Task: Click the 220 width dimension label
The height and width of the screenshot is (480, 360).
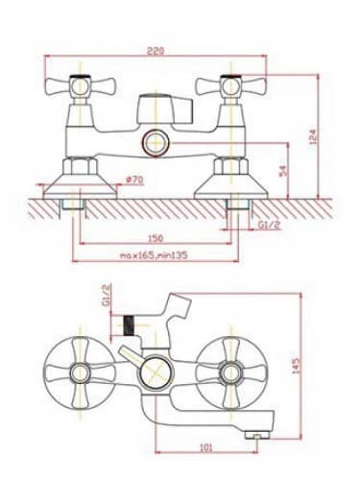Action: point(156,51)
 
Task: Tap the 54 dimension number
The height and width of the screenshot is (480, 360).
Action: point(284,171)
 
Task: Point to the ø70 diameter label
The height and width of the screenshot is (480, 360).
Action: point(134,180)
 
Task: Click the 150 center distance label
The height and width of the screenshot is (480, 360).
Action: point(156,238)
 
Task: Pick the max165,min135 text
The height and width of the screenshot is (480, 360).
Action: point(154,255)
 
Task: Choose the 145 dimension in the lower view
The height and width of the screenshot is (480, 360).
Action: point(296,366)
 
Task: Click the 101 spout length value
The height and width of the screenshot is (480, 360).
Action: point(206,447)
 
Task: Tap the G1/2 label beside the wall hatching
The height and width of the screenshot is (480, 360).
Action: point(269,225)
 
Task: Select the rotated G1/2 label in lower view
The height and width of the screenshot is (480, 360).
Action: point(107,295)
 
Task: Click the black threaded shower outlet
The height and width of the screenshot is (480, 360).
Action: point(129,325)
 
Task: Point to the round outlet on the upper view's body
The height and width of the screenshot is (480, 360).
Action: point(156,142)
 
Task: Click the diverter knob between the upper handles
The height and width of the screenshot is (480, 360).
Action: point(165,108)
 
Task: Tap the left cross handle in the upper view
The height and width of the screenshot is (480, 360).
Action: point(80,86)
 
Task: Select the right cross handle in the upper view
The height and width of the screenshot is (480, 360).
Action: point(230,86)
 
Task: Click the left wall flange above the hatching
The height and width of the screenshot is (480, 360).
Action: point(80,186)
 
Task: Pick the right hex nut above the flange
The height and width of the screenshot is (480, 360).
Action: point(230,166)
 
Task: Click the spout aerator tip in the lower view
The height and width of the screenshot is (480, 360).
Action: point(256,435)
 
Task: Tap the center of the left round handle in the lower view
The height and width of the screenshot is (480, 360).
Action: point(80,372)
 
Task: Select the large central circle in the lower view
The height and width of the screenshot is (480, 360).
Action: point(156,373)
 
